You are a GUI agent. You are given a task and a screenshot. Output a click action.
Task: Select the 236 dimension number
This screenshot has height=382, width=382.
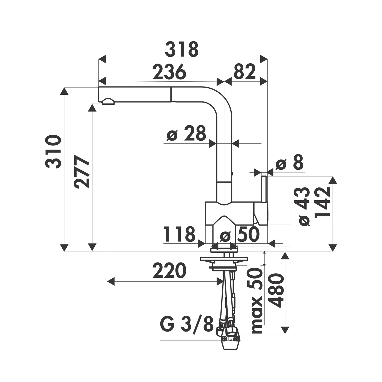click(x=169, y=72)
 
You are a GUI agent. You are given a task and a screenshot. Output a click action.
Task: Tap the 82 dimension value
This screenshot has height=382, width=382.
click(x=245, y=72)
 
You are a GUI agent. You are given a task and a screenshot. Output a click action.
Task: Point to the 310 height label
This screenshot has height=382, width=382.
click(x=53, y=152)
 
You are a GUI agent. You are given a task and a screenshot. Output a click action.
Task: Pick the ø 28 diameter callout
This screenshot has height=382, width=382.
click(x=186, y=133)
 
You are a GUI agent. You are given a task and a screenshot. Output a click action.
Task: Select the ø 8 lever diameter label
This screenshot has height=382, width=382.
click(x=290, y=162)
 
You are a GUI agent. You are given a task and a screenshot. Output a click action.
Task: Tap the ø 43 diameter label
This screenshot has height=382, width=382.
click(x=305, y=207)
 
